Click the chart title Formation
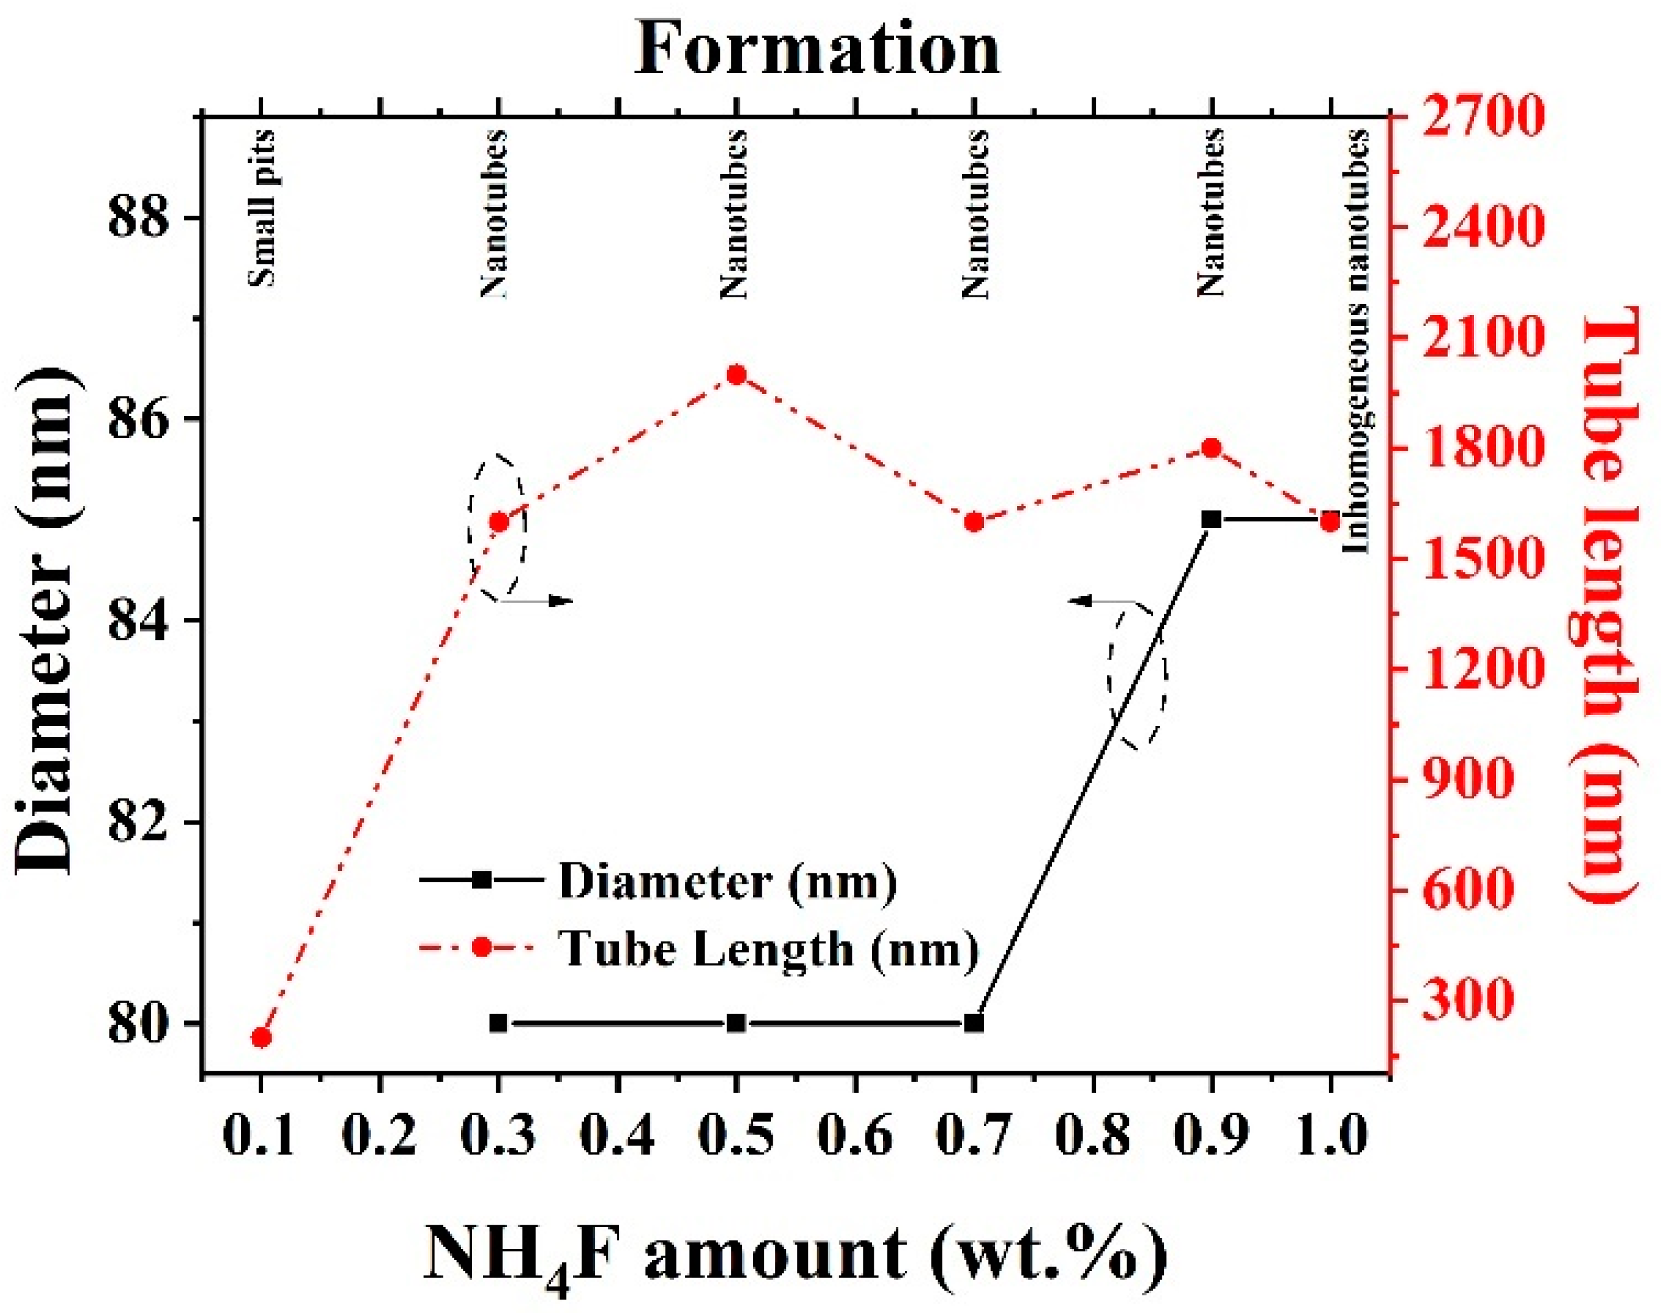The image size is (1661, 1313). coord(817,50)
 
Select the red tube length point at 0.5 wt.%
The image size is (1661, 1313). coord(736,375)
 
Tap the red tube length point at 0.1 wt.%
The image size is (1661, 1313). coord(261,1038)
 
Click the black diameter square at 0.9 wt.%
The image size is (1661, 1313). coord(1212,519)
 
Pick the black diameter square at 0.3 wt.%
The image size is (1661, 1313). coord(498,1023)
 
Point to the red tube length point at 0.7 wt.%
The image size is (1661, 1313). coord(974,523)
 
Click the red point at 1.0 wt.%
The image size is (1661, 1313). coord(1330,521)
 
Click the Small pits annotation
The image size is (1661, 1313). coord(261,208)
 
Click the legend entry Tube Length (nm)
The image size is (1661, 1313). coord(768,949)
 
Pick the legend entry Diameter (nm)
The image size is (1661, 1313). coord(727,881)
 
